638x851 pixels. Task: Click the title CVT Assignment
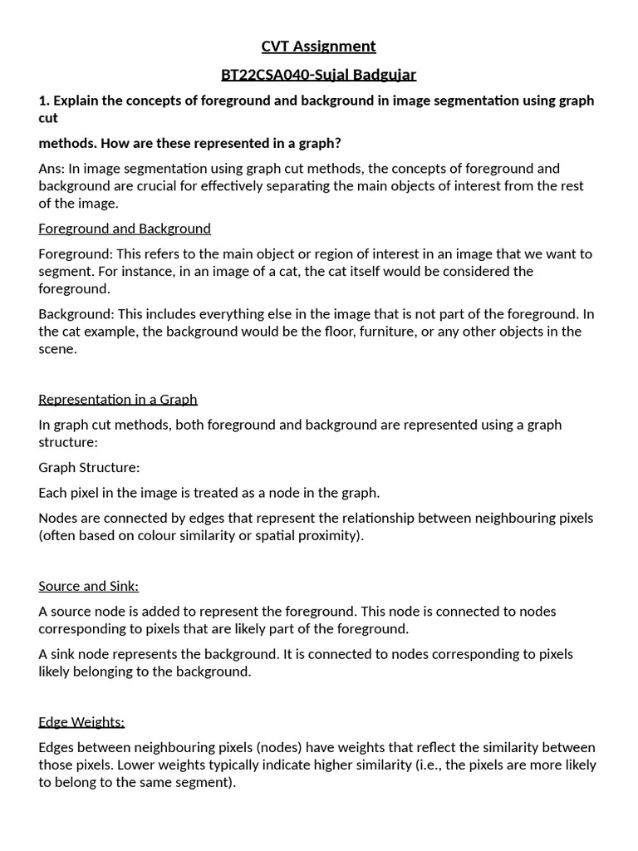318,47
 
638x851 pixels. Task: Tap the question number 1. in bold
44,101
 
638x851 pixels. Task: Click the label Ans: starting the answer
52,169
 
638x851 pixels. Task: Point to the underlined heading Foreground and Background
125,229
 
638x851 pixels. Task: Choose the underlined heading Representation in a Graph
118,400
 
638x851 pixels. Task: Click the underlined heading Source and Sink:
89,587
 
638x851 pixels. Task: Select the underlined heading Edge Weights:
81,722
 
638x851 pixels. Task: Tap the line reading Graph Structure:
89,468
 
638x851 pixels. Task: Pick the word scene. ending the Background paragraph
57,349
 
